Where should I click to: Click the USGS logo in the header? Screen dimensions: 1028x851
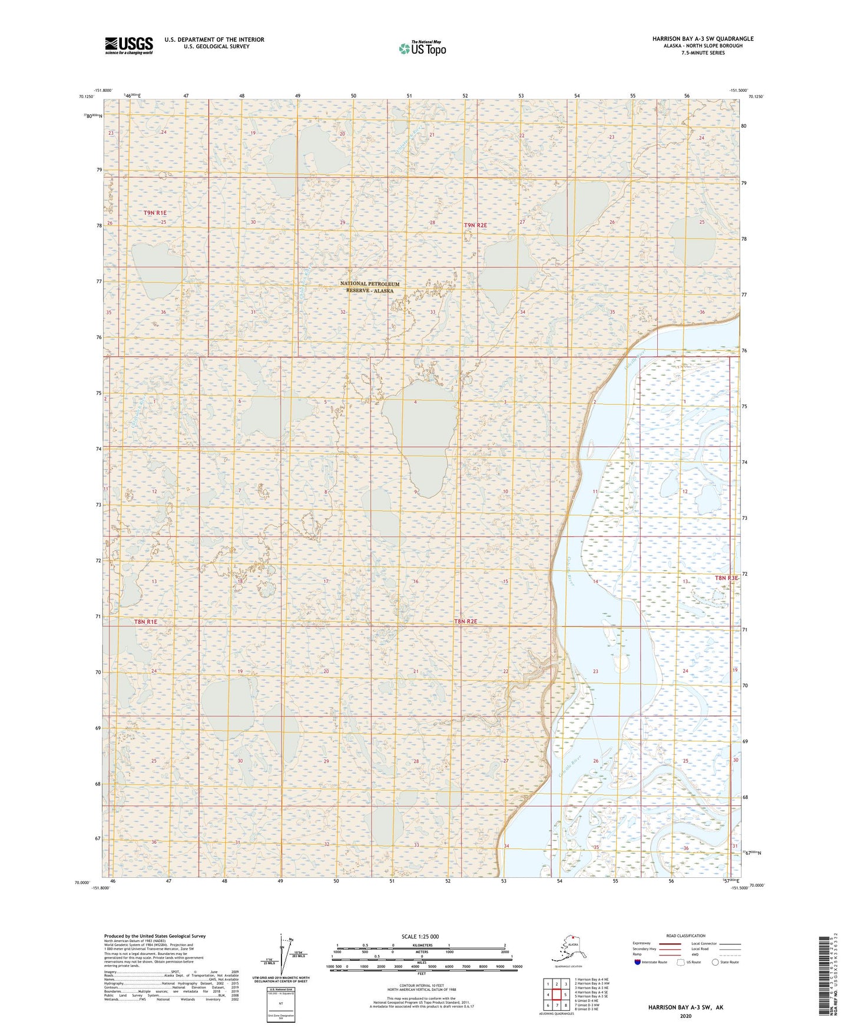tap(129, 45)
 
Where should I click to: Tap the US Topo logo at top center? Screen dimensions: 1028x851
tap(422, 48)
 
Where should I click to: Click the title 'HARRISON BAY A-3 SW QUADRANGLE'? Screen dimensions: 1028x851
tap(703, 39)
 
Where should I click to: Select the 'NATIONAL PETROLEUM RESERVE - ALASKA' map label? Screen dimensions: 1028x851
tap(369, 287)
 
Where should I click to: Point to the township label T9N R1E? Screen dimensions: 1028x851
tap(155, 213)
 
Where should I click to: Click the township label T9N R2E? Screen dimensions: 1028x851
tap(475, 226)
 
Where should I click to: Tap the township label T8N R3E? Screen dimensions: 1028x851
tap(726, 578)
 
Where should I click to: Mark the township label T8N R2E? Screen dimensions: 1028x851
tap(466, 622)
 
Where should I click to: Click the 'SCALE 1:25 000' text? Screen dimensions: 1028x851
tap(421, 936)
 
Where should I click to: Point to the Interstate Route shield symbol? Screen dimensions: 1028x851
tap(638, 962)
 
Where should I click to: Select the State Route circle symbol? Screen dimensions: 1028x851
tap(716, 962)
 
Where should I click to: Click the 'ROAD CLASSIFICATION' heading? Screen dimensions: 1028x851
tap(686, 936)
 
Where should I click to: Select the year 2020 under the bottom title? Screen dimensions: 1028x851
tap(686, 1016)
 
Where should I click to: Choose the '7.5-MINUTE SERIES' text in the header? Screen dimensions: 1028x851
tap(703, 53)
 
